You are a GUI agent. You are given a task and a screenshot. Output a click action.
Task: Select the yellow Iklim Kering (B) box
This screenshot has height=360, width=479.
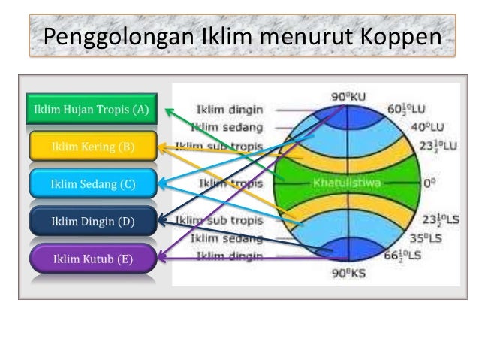click(93, 147)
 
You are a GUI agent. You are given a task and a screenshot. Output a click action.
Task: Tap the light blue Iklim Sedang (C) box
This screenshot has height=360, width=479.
click(93, 183)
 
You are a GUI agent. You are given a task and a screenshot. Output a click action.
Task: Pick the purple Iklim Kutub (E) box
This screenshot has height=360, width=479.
click(93, 259)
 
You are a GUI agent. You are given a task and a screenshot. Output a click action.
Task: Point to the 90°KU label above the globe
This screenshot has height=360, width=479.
click(349, 97)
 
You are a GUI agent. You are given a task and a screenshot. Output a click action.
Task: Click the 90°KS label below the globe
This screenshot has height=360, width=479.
click(349, 274)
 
